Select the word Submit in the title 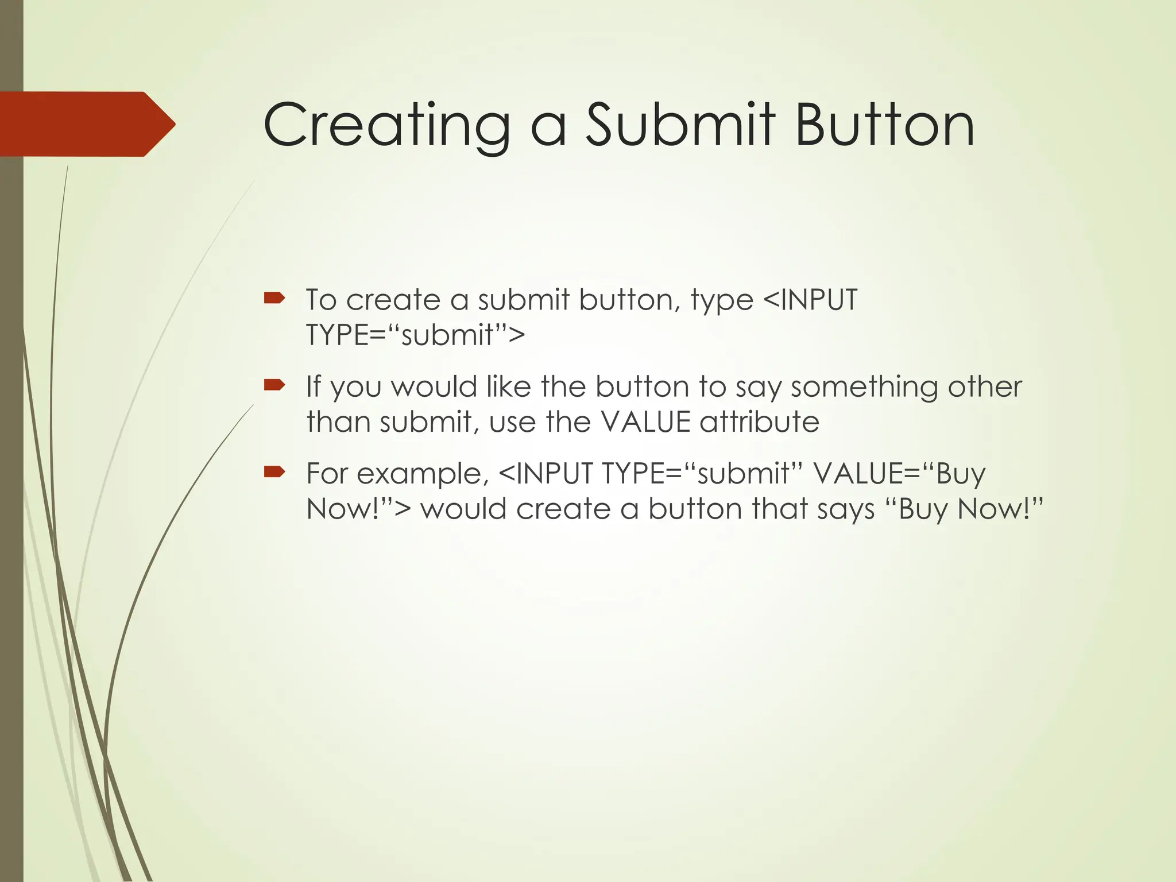point(680,125)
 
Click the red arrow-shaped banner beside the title point(86,124)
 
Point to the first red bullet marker point(274,297)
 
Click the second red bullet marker point(274,384)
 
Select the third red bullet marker point(274,471)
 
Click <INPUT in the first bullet point(810,300)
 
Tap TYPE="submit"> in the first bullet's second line point(415,335)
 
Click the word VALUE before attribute point(645,422)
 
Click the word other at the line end point(984,387)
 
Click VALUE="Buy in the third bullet point(899,474)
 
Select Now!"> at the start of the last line point(358,509)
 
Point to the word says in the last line point(845,509)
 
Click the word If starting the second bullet point(314,387)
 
